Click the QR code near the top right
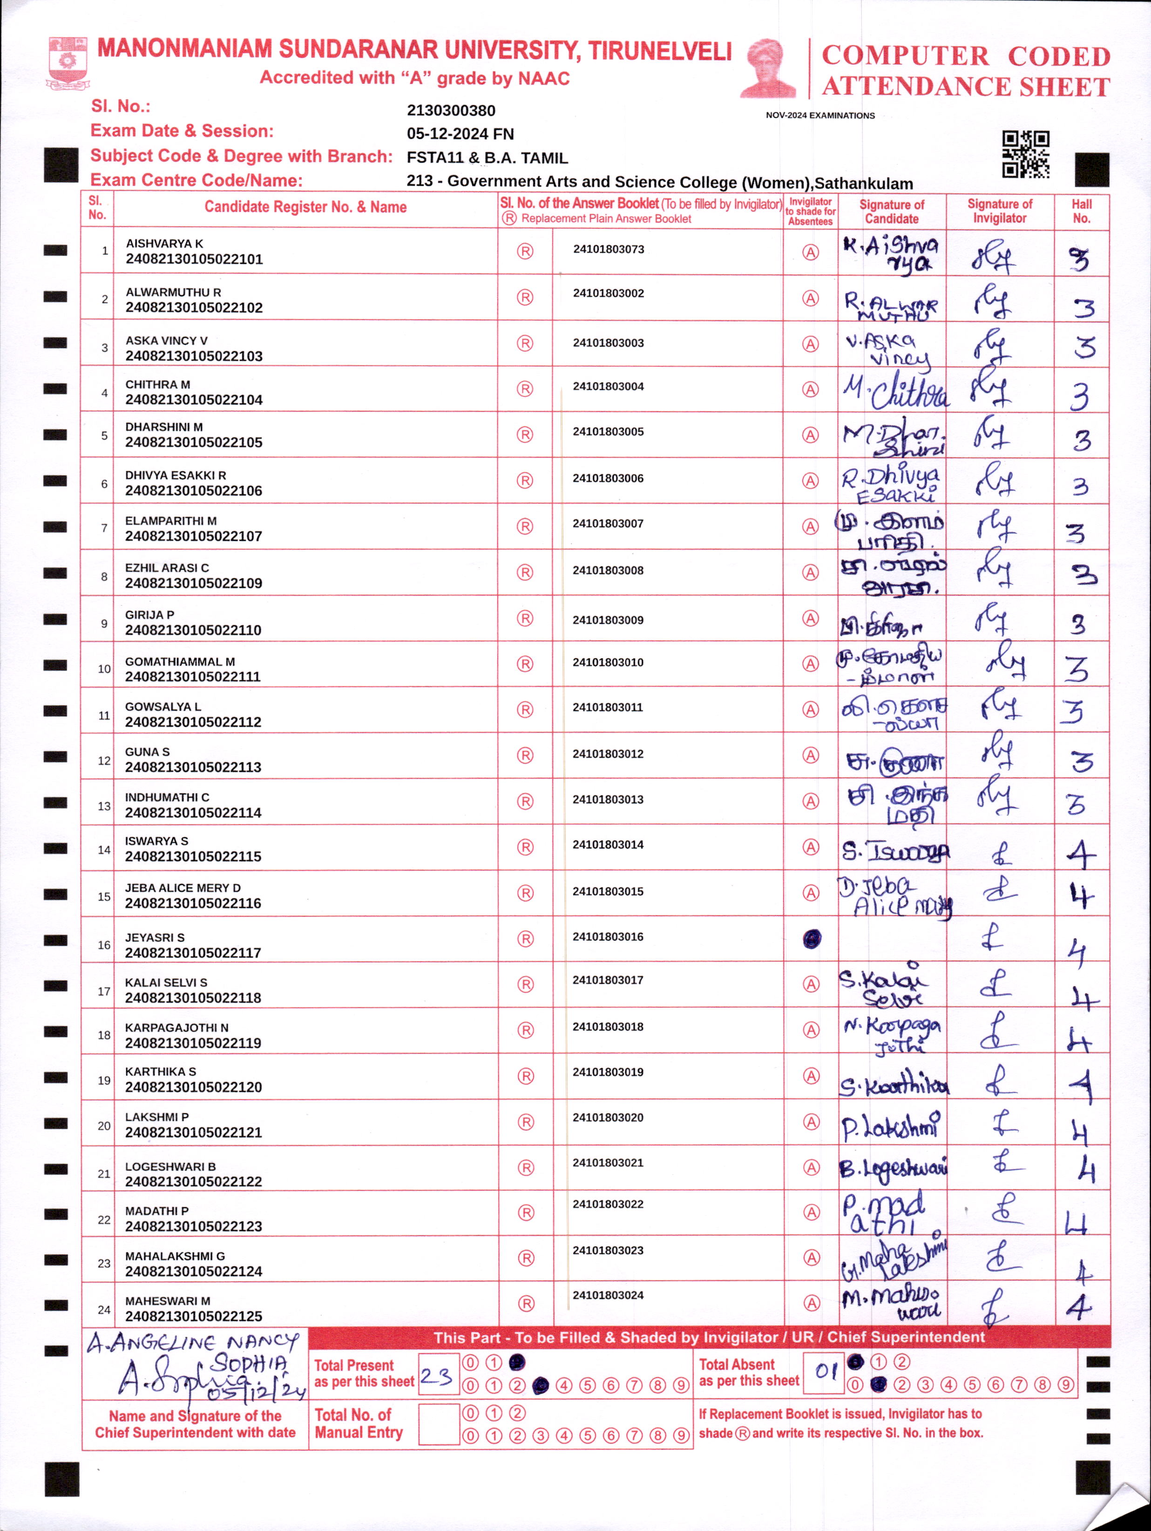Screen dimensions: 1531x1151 (1026, 154)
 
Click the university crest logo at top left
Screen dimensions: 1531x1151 (67, 62)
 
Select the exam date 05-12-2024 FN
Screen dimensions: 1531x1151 (460, 134)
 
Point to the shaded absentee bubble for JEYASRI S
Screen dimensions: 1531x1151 (812, 938)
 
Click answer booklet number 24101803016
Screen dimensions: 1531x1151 (608, 936)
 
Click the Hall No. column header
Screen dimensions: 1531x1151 (1081, 211)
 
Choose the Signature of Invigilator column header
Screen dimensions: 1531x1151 (1000, 211)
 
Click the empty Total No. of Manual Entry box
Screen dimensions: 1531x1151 (439, 1424)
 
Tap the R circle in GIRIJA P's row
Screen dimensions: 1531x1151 (525, 618)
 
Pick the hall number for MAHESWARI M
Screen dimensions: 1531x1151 (1079, 1307)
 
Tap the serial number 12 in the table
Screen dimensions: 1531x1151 (104, 761)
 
